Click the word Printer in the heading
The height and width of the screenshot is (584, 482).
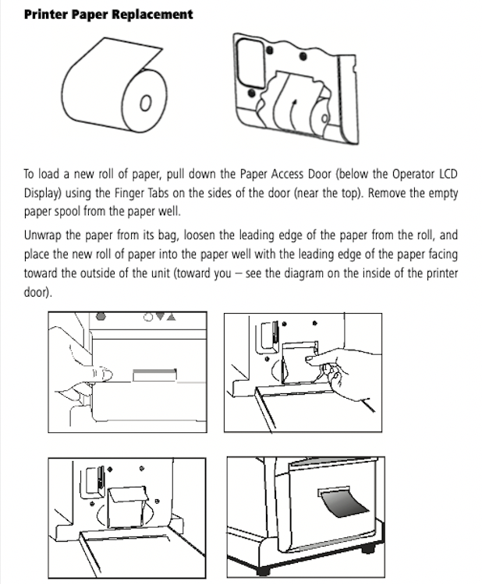pos(45,14)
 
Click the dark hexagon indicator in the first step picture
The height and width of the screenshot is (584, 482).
pos(101,318)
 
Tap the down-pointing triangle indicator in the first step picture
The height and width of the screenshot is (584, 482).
pos(159,318)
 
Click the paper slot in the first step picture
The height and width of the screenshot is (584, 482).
pos(156,376)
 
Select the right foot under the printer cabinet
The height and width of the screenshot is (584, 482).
pos(367,550)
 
